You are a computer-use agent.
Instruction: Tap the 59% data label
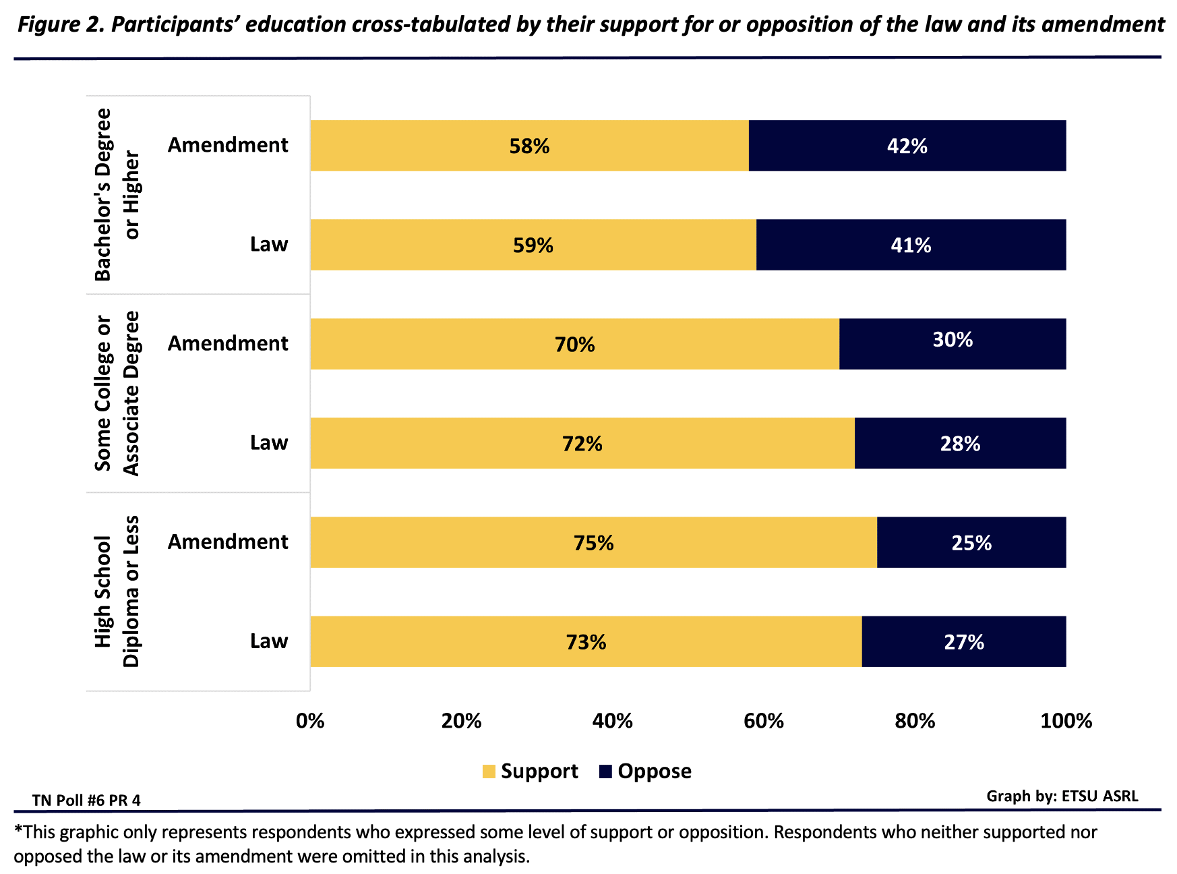tap(533, 245)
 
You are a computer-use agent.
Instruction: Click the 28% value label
tap(960, 444)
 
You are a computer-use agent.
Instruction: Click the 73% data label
tap(586, 642)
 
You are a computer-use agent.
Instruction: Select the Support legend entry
tap(531, 771)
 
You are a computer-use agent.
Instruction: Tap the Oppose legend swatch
tap(605, 771)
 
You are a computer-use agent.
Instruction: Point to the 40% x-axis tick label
tap(612, 722)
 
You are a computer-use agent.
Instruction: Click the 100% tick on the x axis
tap(1066, 722)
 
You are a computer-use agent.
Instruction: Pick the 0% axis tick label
tap(310, 722)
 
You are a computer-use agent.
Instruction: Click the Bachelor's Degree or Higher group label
tap(117, 195)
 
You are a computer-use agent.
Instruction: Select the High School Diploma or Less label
tap(117, 591)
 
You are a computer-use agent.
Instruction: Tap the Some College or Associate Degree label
tap(117, 393)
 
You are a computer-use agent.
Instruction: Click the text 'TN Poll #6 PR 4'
tap(86, 800)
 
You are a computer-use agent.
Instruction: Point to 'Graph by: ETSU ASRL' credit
tap(1062, 796)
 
